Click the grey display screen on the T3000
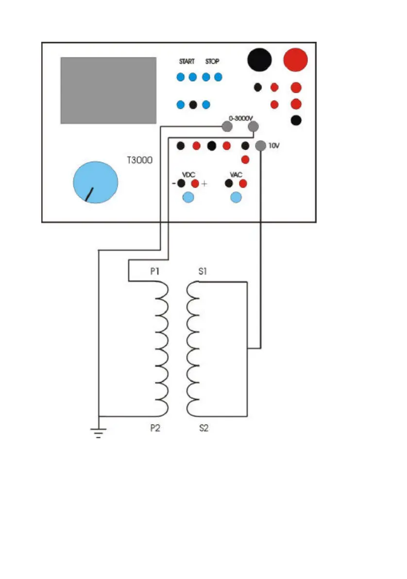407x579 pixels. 108,90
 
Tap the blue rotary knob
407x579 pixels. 95,182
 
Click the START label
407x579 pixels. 187,62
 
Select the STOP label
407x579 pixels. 212,62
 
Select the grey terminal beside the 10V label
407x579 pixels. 261,145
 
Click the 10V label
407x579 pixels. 274,145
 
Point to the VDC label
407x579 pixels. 188,175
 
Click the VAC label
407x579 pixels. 236,175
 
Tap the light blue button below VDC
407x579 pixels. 188,197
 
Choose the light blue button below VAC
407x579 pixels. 236,197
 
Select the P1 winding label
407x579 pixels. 155,272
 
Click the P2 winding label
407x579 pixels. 155,429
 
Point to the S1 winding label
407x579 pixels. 203,272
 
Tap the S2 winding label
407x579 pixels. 203,429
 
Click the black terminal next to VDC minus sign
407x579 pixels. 181,184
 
